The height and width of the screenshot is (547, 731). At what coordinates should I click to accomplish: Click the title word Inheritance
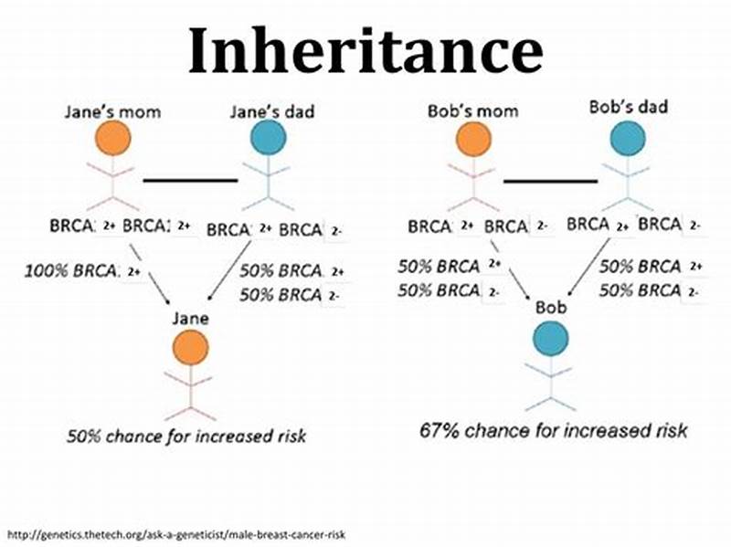pyautogui.click(x=365, y=50)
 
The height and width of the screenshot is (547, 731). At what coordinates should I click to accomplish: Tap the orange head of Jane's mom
pyautogui.click(x=112, y=138)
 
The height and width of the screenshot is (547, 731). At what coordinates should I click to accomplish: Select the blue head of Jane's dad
pyautogui.click(x=268, y=138)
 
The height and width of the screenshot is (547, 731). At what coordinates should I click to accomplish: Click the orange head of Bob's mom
pyautogui.click(x=472, y=138)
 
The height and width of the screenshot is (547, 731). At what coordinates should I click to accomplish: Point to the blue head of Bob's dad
pyautogui.click(x=629, y=138)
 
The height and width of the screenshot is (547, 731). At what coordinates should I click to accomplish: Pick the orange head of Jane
pyautogui.click(x=190, y=347)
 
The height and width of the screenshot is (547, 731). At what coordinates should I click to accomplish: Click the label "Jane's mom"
pyautogui.click(x=112, y=111)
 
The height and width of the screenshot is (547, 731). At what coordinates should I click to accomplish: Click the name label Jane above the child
pyautogui.click(x=191, y=319)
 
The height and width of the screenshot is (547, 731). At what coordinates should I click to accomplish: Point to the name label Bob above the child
pyautogui.click(x=551, y=310)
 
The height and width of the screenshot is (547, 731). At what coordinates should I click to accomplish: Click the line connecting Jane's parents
pyautogui.click(x=190, y=180)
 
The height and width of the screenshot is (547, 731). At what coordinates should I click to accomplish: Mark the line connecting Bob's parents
pyautogui.click(x=549, y=180)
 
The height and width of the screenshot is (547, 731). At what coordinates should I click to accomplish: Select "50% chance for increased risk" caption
pyautogui.click(x=186, y=436)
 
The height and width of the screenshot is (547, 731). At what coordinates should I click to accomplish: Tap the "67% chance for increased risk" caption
pyautogui.click(x=553, y=428)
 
